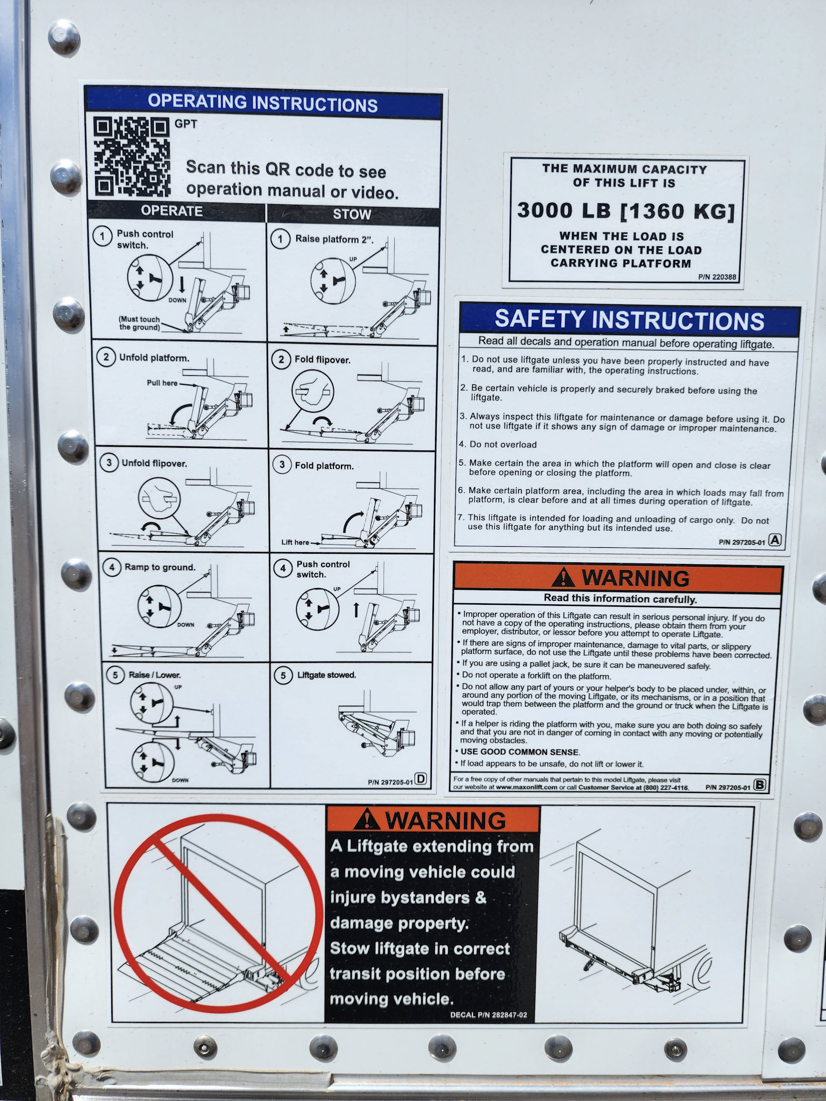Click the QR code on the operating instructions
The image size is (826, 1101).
click(x=132, y=157)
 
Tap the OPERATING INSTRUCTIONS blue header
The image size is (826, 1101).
click(x=263, y=103)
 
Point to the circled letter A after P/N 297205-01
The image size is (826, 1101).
click(x=775, y=540)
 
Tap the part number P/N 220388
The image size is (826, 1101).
click(x=717, y=277)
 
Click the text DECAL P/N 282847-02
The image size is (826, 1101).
click(x=488, y=1015)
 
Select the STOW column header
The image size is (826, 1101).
click(x=352, y=214)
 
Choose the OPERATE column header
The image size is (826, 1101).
click(x=172, y=211)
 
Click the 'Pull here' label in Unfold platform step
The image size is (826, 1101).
click(x=162, y=383)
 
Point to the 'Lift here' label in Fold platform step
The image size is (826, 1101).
click(x=295, y=542)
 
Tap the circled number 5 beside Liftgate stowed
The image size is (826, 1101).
click(x=283, y=676)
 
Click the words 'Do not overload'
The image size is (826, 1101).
click(x=503, y=445)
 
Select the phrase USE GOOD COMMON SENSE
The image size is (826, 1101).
click(x=520, y=752)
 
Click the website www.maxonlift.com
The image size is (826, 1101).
click(x=526, y=787)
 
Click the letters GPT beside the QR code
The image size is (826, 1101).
click(x=186, y=124)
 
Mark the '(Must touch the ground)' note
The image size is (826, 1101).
click(x=140, y=323)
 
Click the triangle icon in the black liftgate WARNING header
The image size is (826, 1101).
click(x=368, y=819)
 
